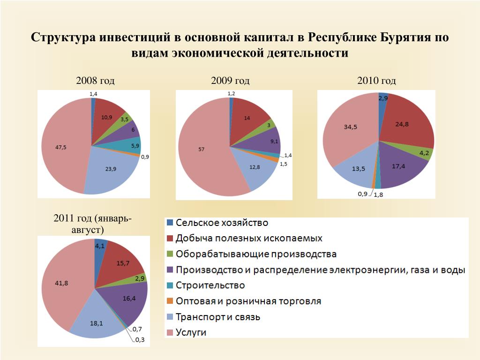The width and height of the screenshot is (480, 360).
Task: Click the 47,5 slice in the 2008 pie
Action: point(66,141)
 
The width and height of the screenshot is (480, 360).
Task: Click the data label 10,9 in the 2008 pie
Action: point(106,117)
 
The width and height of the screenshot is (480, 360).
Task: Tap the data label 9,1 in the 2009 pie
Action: point(262,141)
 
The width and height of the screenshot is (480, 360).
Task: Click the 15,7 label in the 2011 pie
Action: point(123,263)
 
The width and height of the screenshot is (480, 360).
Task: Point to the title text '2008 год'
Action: point(95,81)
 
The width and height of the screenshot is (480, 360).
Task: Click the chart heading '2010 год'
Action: point(376,81)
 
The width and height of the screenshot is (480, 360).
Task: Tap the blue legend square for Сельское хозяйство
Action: point(170,222)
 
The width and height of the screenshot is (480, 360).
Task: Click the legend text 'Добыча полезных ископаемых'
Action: point(249,238)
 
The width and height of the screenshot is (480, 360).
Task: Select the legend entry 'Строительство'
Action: point(210,285)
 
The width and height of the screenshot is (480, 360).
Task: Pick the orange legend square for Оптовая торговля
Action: point(170,301)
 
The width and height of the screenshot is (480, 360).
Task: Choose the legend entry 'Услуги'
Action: point(191,333)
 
